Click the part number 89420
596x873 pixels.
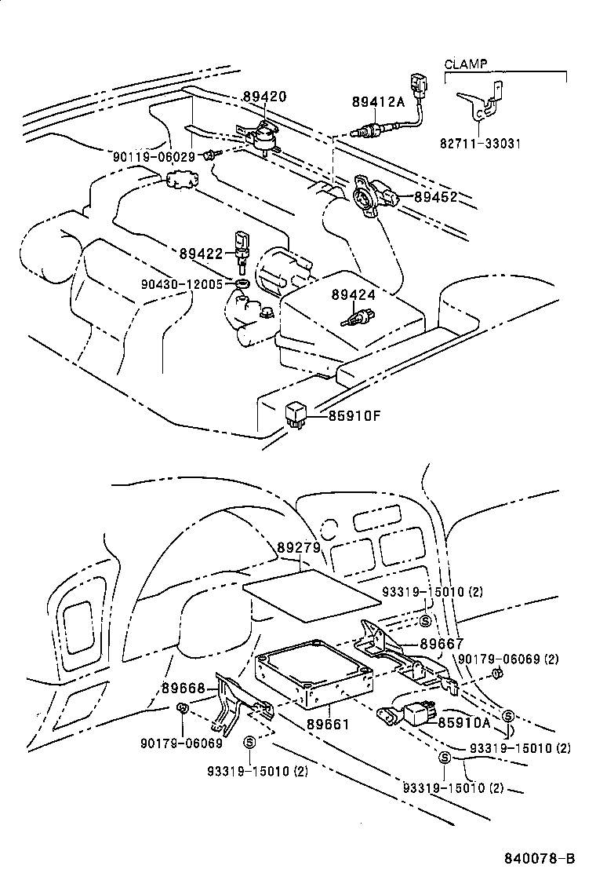pos(264,97)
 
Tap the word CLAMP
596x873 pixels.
pos(465,64)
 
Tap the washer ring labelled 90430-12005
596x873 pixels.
pos(243,282)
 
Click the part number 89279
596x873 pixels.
pos(299,547)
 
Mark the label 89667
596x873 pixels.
pos(442,644)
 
